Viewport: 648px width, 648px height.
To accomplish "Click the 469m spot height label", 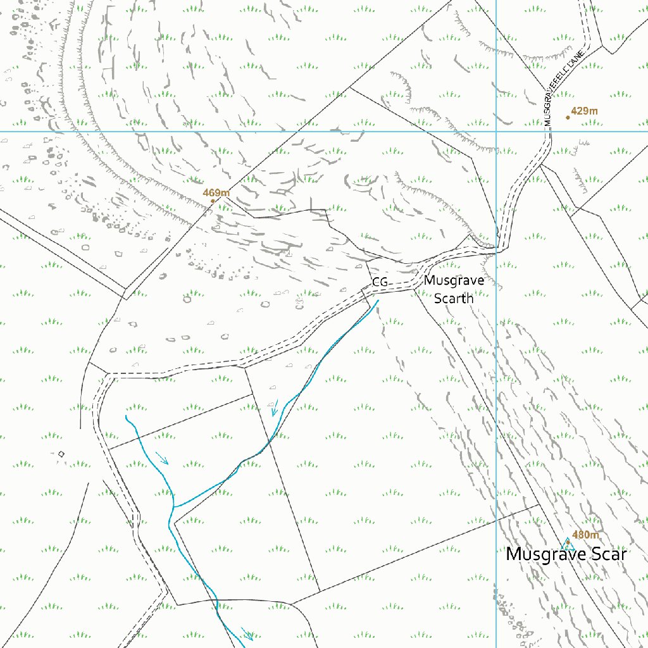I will [x=216, y=192].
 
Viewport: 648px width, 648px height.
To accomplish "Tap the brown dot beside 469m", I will [x=213, y=201].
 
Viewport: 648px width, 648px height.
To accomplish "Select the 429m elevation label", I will [x=584, y=111].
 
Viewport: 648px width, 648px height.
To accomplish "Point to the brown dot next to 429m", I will [x=568, y=117].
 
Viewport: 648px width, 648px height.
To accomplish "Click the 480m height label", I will [x=585, y=535].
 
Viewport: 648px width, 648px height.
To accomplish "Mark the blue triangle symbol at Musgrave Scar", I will [x=566, y=544].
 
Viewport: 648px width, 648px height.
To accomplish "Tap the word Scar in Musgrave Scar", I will [x=606, y=554].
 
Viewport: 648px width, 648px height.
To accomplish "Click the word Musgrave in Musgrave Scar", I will [x=545, y=555].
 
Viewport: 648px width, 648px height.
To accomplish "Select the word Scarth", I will [x=454, y=298].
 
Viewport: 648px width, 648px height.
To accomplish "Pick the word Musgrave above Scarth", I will [x=454, y=280].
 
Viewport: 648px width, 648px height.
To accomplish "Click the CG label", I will [x=380, y=282].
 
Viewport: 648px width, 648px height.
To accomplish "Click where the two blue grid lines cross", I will [x=496, y=132].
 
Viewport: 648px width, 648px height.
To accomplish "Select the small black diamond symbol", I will [x=61, y=454].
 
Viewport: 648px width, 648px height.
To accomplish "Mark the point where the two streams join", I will [x=173, y=507].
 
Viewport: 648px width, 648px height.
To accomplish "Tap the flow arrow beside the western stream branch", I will [x=163, y=458].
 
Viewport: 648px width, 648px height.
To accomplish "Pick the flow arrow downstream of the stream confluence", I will [x=248, y=634].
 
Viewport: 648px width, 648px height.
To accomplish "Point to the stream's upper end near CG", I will [x=378, y=301].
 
